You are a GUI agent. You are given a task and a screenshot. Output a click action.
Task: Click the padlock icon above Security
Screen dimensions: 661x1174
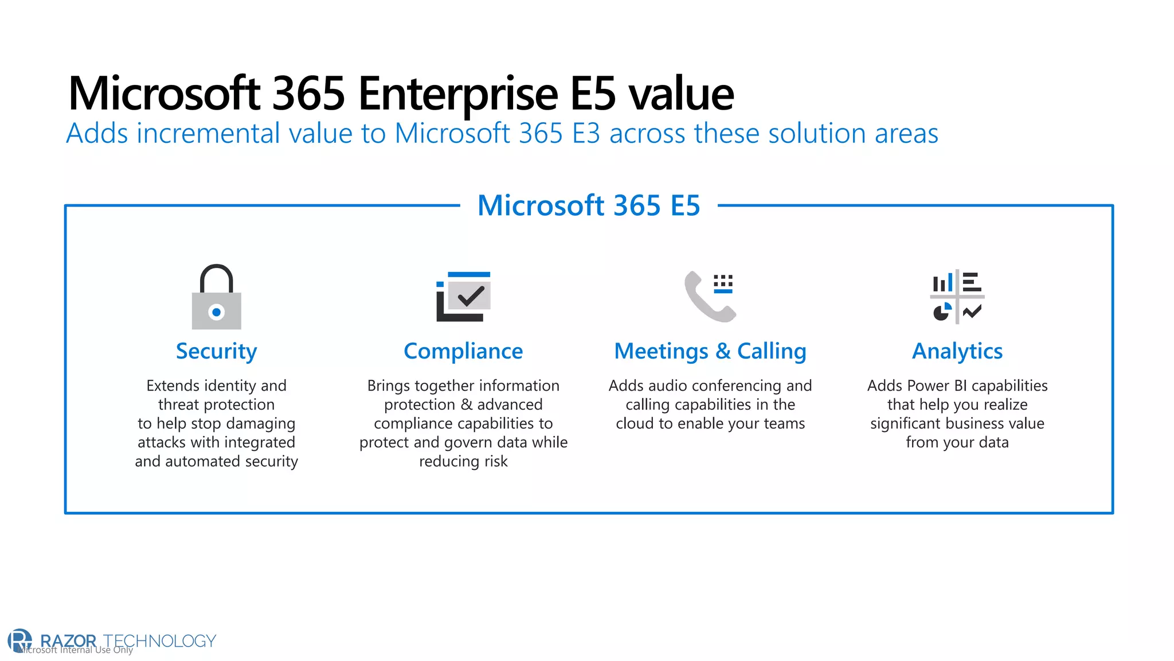(x=216, y=297)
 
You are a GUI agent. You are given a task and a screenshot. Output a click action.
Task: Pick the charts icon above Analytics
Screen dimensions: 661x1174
(x=957, y=297)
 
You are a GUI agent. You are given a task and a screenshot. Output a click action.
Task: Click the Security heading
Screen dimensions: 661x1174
(x=216, y=351)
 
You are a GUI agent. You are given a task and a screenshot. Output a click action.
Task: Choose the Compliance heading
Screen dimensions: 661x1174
(x=463, y=351)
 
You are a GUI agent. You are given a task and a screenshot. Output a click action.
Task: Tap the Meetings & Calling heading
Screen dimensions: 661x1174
(x=710, y=351)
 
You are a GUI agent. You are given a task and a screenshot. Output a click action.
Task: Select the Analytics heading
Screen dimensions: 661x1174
(x=957, y=351)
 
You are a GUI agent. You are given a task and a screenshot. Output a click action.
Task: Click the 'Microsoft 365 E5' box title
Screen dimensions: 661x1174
(x=589, y=205)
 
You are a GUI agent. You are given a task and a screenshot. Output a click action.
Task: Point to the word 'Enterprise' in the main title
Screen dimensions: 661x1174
(x=458, y=94)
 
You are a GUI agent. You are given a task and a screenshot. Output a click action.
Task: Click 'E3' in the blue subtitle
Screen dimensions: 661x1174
(x=586, y=134)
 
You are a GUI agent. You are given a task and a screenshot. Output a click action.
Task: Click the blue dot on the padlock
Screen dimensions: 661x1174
(x=216, y=312)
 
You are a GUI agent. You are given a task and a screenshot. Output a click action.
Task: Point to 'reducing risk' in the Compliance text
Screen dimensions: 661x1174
(x=463, y=461)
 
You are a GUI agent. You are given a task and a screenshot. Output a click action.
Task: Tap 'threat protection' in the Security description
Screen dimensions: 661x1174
(x=216, y=405)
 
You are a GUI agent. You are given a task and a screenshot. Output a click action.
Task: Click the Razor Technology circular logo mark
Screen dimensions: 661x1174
(x=20, y=640)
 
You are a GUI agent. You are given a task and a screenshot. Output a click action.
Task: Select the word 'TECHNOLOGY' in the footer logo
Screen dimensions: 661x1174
(x=159, y=640)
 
